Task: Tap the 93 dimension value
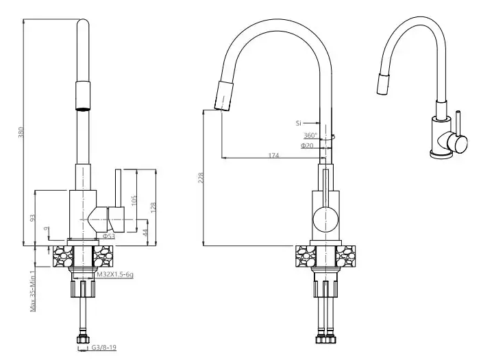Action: point(32,217)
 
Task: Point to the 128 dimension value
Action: point(154,205)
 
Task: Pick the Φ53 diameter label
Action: point(108,237)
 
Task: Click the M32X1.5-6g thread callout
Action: point(114,274)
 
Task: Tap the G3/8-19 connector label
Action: point(105,348)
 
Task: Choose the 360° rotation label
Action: point(310,135)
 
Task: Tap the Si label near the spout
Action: point(299,123)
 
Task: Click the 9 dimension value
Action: point(45,228)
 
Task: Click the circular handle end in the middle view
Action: point(325,221)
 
